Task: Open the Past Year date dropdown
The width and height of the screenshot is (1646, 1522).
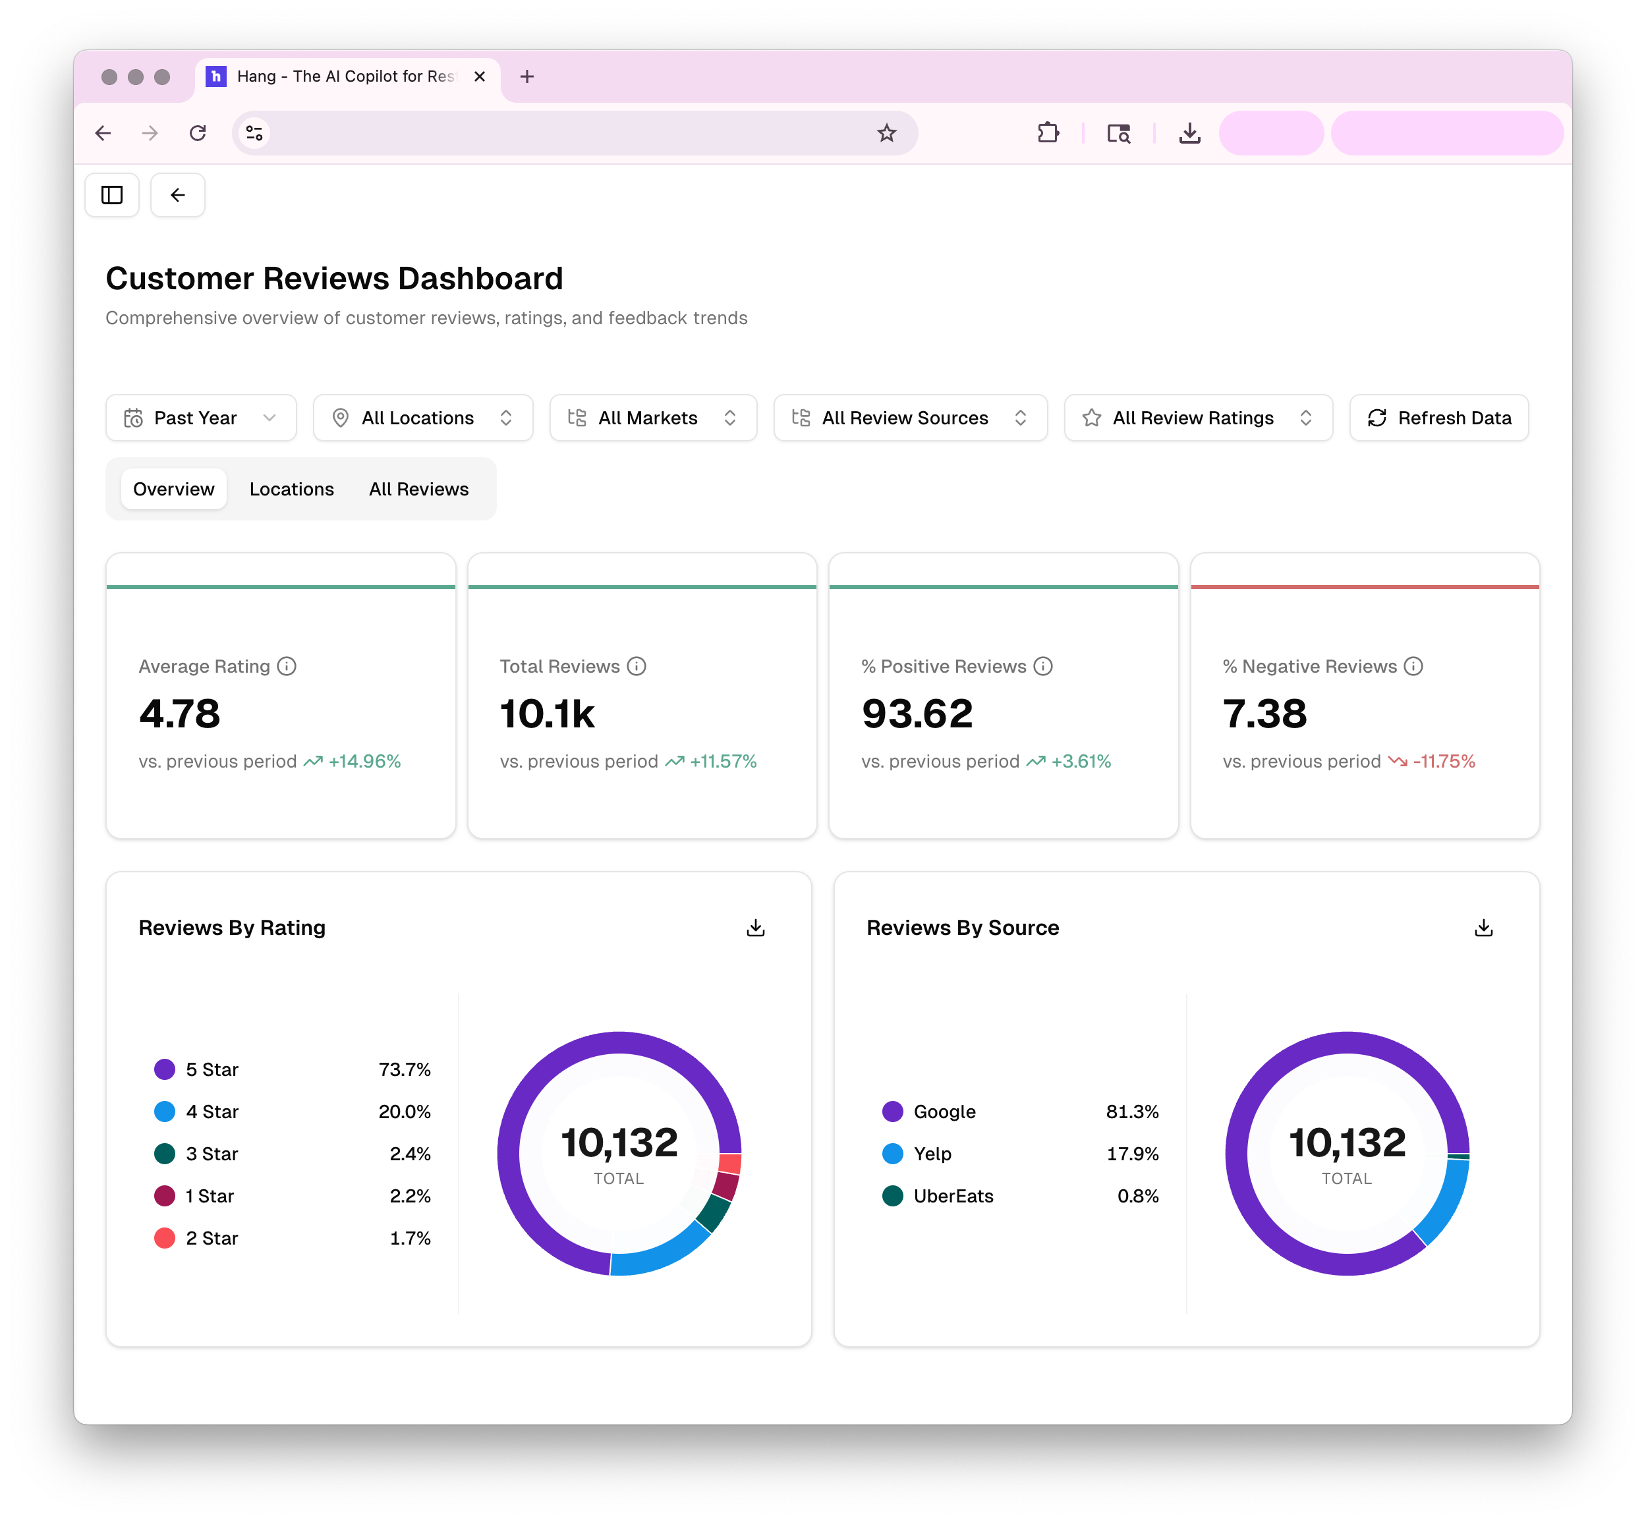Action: click(201, 418)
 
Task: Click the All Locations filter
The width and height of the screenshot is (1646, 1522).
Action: click(422, 418)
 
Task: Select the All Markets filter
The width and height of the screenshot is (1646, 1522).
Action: click(652, 418)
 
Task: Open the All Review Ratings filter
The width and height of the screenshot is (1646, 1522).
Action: click(1198, 418)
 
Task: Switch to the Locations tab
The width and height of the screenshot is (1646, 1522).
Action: click(292, 489)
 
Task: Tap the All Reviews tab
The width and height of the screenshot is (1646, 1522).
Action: click(418, 489)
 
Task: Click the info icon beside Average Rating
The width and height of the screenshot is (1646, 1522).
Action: click(287, 666)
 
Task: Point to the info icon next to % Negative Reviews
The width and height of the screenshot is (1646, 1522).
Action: click(1413, 666)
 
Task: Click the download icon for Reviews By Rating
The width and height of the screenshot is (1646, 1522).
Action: click(755, 928)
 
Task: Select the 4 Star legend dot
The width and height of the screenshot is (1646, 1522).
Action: click(165, 1112)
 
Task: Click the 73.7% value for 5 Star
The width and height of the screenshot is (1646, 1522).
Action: click(405, 1070)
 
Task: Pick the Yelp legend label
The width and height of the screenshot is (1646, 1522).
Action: click(932, 1154)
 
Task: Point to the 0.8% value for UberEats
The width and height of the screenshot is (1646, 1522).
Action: click(1138, 1196)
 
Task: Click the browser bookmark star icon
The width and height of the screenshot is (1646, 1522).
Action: click(886, 133)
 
